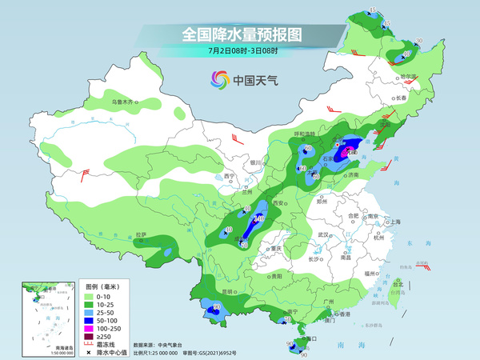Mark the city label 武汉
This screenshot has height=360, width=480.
coord(323,234)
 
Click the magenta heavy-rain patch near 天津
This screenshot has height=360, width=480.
coord(348,150)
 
